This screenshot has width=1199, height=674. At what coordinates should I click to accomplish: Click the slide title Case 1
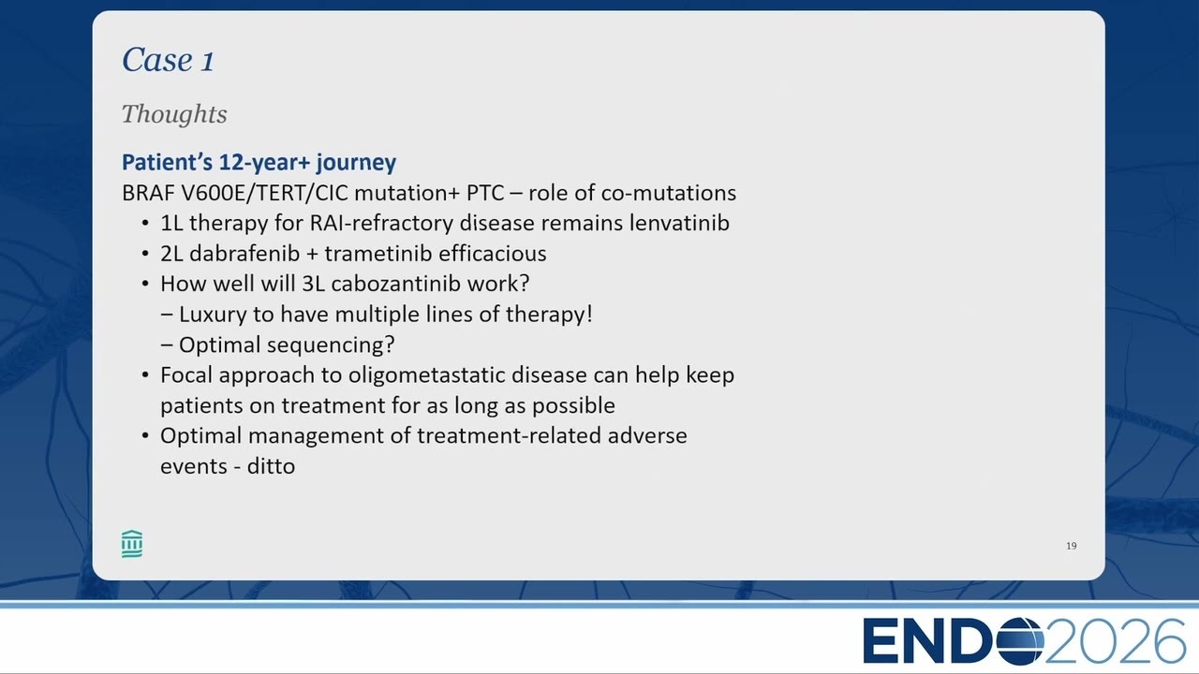(168, 59)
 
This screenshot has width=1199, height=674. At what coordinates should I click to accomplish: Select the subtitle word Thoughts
(174, 114)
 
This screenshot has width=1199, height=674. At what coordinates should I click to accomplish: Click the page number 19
(1071, 546)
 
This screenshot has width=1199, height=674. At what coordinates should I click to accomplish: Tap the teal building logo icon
(132, 544)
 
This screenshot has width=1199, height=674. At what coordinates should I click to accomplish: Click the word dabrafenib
(244, 254)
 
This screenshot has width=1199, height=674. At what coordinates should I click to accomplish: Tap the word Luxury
(213, 315)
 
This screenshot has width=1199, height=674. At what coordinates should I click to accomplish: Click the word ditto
(271, 466)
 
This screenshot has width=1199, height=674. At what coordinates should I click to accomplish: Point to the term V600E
(213, 193)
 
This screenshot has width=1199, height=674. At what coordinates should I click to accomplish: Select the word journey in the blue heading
(356, 163)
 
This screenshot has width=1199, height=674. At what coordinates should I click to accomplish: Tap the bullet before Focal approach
(145, 375)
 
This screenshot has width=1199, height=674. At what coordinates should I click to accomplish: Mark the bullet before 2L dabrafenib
(145, 254)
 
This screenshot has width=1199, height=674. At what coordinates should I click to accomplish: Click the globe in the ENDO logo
(1020, 641)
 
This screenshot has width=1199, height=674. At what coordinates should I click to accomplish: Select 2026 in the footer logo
(1115, 641)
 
